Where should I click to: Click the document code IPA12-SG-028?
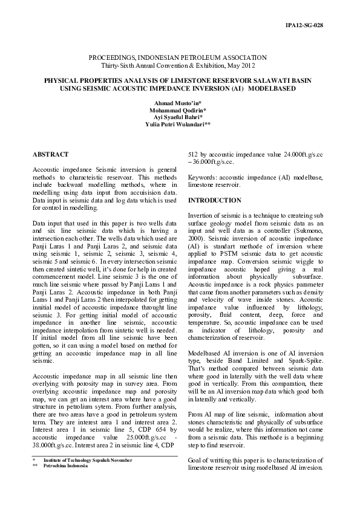pyautogui.click(x=321, y=25)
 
